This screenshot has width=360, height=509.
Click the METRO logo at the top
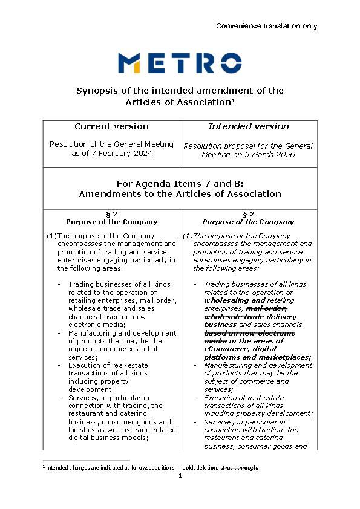[180, 63]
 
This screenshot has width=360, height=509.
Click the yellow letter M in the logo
[129, 63]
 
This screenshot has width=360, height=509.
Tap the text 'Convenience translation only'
[266, 26]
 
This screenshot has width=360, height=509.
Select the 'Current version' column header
[111, 126]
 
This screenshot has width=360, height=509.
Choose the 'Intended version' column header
[249, 126]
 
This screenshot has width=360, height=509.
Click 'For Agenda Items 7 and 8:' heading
[180, 183]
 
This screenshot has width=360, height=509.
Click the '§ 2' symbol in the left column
[111, 214]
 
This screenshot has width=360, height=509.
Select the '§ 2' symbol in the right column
[249, 214]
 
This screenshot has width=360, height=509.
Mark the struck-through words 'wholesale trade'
[234, 316]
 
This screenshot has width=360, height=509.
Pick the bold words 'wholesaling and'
[235, 300]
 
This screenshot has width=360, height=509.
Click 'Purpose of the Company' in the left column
[111, 222]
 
